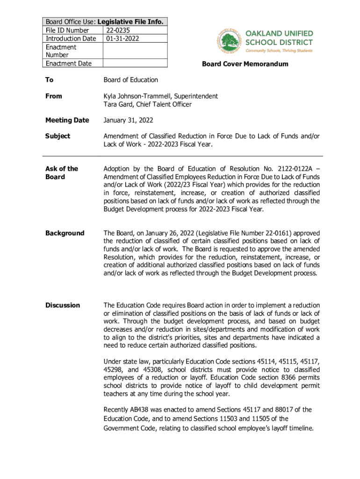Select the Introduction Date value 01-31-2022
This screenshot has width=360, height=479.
pos(122,38)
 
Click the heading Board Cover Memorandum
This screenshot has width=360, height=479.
pos(245,64)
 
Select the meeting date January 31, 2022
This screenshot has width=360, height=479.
pos(128,120)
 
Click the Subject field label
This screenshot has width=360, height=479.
pos(58,136)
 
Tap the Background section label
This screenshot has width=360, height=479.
pos(65,233)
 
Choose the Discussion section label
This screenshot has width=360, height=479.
pos(63,305)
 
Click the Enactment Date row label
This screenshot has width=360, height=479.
pos(68,64)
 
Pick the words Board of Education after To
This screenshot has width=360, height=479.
pos(130,80)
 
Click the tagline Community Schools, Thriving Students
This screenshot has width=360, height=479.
pos(279,51)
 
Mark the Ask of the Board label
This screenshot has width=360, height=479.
pos(62,173)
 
